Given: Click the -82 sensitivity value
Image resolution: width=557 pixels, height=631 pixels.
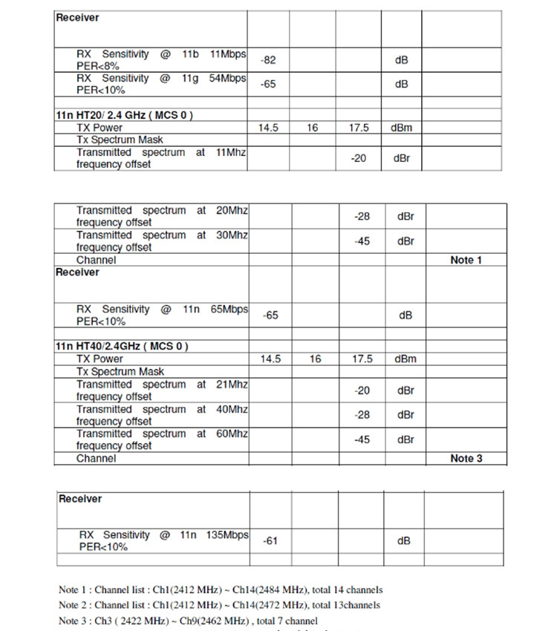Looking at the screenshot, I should pyautogui.click(x=268, y=60).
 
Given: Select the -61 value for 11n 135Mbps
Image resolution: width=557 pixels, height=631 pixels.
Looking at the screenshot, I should pyautogui.click(x=270, y=540).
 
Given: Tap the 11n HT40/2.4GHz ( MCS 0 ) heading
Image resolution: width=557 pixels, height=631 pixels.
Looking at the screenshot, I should pyautogui.click(x=122, y=347).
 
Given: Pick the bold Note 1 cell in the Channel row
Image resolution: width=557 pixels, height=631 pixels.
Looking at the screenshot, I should pyautogui.click(x=466, y=260).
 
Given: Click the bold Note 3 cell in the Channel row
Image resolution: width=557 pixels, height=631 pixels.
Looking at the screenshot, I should pyautogui.click(x=466, y=458).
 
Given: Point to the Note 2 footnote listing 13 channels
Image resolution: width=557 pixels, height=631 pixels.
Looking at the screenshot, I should pyautogui.click(x=219, y=605).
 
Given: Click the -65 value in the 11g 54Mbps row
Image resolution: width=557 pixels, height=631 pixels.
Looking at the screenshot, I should pyautogui.click(x=268, y=84).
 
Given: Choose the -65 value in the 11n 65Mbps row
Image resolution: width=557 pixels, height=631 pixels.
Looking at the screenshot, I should pyautogui.click(x=271, y=315).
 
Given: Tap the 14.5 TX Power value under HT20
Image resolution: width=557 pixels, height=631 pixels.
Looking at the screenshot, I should pyautogui.click(x=268, y=128).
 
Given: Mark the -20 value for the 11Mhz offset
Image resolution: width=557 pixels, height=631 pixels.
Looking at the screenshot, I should pyautogui.click(x=359, y=158).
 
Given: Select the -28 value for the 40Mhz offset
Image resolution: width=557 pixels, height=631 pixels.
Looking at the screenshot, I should pyautogui.click(x=362, y=415).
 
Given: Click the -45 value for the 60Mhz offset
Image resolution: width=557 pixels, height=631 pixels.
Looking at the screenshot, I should pyautogui.click(x=362, y=439).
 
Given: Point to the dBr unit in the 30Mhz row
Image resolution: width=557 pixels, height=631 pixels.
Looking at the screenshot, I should pyautogui.click(x=405, y=241).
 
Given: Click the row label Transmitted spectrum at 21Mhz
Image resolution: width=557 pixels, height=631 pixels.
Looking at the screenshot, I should pyautogui.click(x=162, y=390).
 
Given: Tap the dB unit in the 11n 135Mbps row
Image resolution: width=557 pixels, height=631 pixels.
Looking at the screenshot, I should pyautogui.click(x=403, y=540).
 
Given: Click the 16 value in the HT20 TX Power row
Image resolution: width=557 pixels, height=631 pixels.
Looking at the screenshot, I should pyautogui.click(x=313, y=128).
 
